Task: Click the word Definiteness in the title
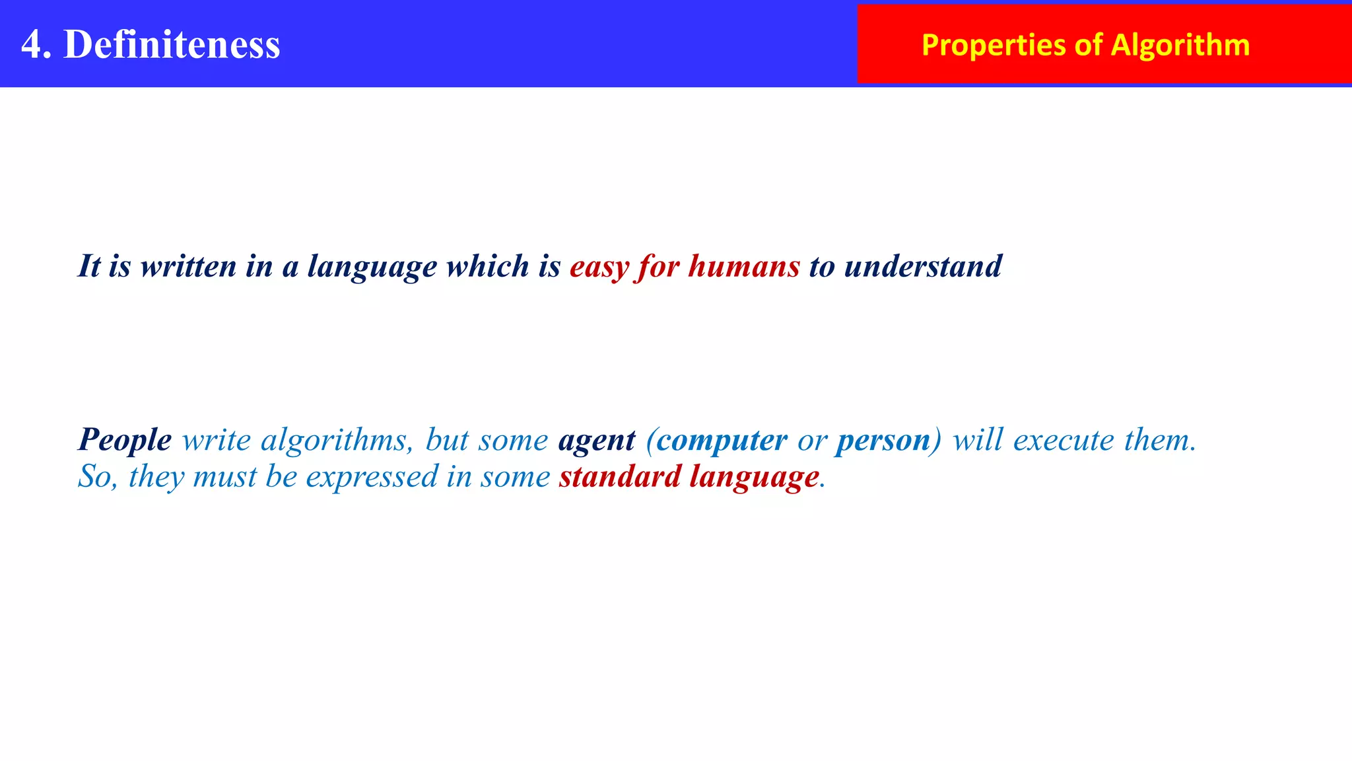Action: coord(172,44)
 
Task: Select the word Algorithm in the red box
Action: coord(1180,45)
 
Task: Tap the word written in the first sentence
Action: coord(188,266)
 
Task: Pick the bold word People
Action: coord(125,440)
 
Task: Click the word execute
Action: coord(1063,440)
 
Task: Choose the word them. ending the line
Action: coord(1160,440)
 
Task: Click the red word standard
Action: coord(619,477)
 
